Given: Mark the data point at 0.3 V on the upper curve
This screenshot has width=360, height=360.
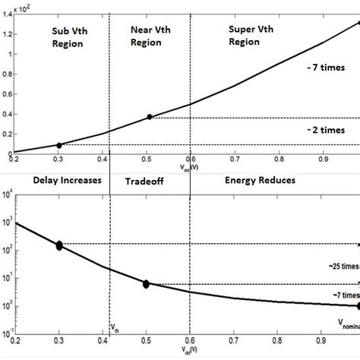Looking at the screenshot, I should (60, 144).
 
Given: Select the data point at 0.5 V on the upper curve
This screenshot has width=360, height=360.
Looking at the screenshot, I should (150, 116).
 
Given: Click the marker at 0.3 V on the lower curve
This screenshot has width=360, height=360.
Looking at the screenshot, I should (59, 245).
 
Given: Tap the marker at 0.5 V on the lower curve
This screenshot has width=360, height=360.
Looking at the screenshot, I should (146, 283).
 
